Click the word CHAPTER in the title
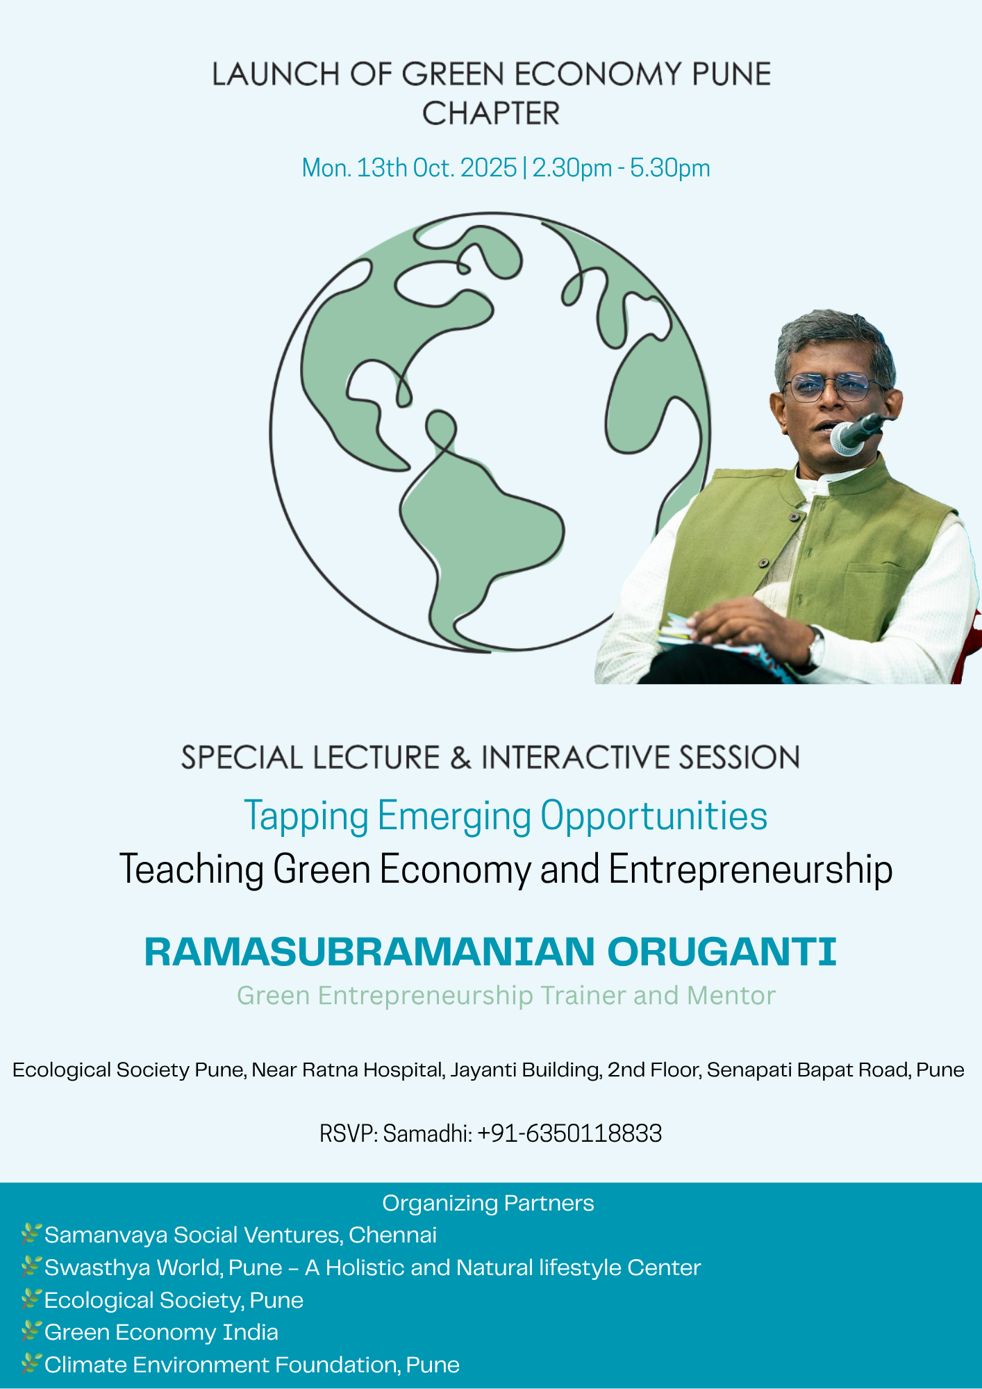point(491,113)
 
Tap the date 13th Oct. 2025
point(437,168)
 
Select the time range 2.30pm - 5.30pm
point(621,168)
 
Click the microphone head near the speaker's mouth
point(847,438)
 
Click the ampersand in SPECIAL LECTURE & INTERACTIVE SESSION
point(460,758)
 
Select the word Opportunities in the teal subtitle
point(654,816)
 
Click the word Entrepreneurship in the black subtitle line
point(751,870)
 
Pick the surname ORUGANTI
point(722,951)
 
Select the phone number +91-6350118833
point(570,1133)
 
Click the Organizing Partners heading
point(488,1203)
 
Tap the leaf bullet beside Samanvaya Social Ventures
point(31,1234)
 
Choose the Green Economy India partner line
point(161,1332)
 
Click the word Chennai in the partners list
point(393,1235)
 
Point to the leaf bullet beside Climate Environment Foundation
point(31,1364)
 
